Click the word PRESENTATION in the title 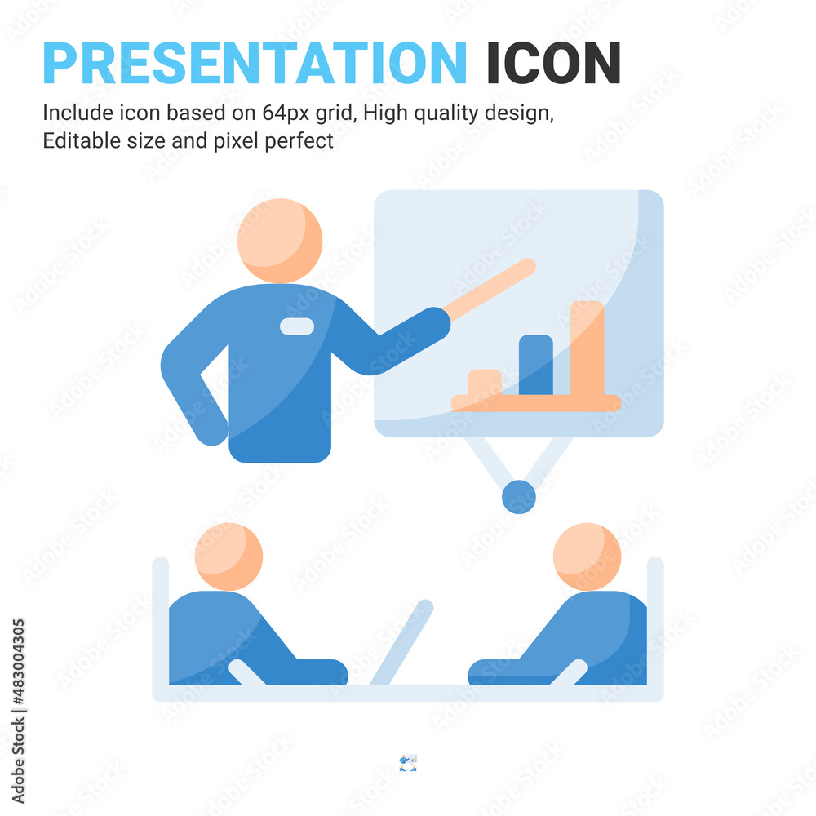click(x=255, y=63)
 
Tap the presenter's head click(x=280, y=241)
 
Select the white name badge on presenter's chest click(x=297, y=326)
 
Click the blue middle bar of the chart click(x=536, y=365)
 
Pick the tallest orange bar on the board click(x=587, y=348)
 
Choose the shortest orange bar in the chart click(x=485, y=383)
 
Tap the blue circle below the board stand click(x=519, y=497)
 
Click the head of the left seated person click(x=228, y=557)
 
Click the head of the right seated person click(x=587, y=557)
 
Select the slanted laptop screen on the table click(x=401, y=642)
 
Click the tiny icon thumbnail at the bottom click(x=408, y=762)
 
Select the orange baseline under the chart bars click(x=536, y=403)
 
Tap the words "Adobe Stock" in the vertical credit click(x=18, y=761)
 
